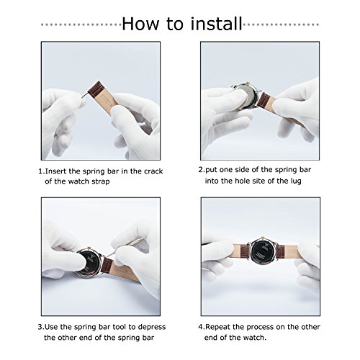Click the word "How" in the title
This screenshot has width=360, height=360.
pos(140,24)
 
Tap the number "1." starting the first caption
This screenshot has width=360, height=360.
pos(42,171)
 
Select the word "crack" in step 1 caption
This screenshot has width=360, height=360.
pos(153,171)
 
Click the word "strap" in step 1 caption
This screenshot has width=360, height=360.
pos(101,181)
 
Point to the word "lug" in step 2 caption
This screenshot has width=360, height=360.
pos(296,181)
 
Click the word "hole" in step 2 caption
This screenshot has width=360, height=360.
pos(242,181)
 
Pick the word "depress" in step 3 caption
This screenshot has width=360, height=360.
pos(152,328)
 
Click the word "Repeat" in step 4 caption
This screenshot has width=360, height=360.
pos(218,328)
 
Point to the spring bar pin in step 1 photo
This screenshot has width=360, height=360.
pos(84,95)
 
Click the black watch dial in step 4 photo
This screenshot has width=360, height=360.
pos(263,251)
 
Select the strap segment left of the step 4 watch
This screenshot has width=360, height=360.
pos(242,251)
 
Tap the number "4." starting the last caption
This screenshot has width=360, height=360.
pos(202,327)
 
